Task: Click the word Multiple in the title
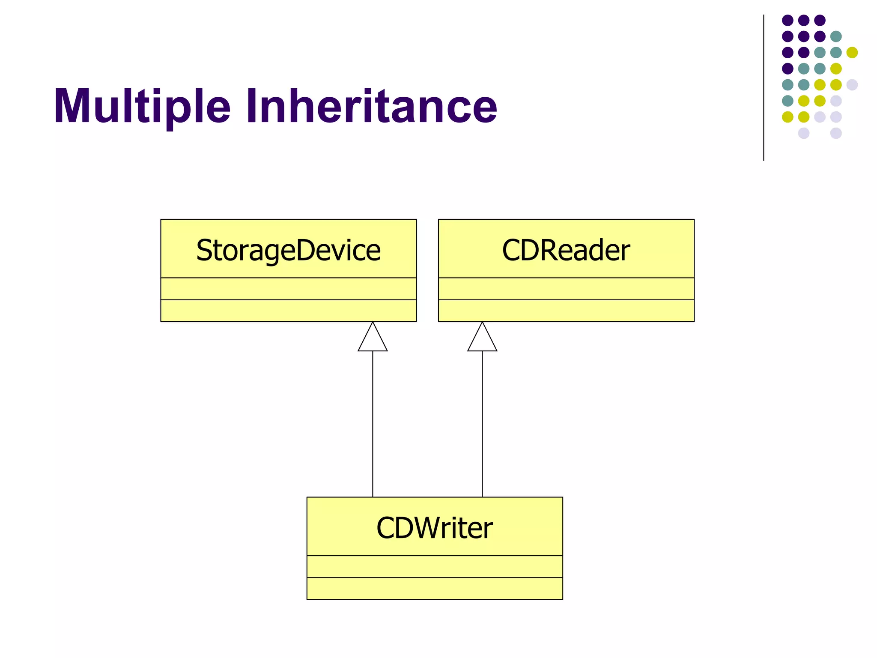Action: (x=142, y=106)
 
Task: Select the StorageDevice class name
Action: (x=288, y=250)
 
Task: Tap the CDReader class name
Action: (x=566, y=250)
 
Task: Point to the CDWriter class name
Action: (x=434, y=528)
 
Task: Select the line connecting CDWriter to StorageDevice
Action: (x=373, y=424)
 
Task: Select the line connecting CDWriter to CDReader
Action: (x=482, y=424)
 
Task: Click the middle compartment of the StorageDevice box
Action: (x=288, y=289)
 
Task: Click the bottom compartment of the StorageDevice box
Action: (x=288, y=311)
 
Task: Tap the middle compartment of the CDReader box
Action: (x=566, y=289)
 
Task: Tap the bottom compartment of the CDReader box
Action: (x=566, y=311)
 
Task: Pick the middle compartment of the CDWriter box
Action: (x=434, y=566)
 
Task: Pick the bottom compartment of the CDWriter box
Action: (x=434, y=588)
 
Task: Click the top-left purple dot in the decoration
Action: (x=788, y=20)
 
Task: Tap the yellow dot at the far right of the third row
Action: (x=852, y=52)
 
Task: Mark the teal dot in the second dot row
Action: (x=836, y=36)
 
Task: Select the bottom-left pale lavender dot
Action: (x=804, y=133)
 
